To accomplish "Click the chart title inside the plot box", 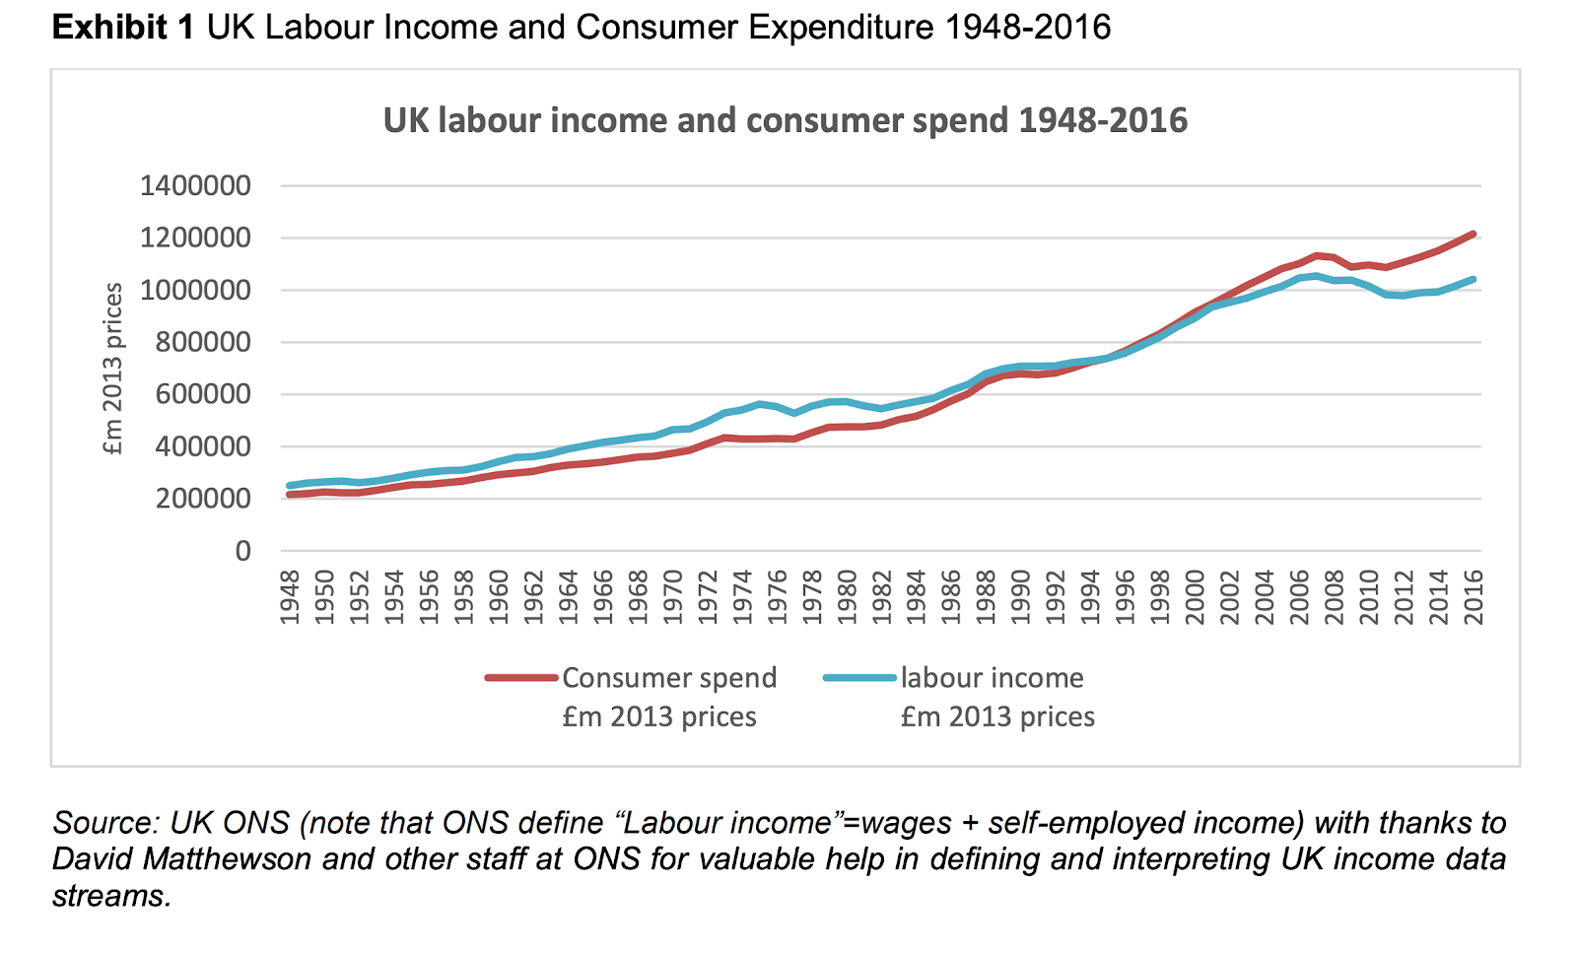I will tap(785, 121).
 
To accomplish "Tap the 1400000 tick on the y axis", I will tap(195, 185).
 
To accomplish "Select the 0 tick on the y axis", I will tap(242, 551).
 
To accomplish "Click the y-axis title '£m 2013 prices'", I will tap(113, 369).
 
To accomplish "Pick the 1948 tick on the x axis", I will tap(290, 596).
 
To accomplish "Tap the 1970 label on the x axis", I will tap(673, 596).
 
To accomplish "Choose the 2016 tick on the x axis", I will tap(1474, 596).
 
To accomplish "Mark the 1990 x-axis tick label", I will tap(1021, 596).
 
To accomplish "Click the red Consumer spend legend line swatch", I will tap(521, 678).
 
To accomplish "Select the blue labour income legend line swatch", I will tap(859, 678).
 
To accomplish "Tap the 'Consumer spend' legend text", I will tap(669, 678).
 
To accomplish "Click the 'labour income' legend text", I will tap(992, 678).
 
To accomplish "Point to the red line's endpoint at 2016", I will tap(1474, 234).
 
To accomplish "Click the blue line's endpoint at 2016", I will tap(1474, 279).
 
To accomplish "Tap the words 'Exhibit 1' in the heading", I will tap(123, 28).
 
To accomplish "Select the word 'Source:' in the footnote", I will tap(106, 823).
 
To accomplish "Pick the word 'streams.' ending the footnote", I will tap(111, 896).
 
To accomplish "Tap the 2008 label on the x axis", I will tap(1335, 596).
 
